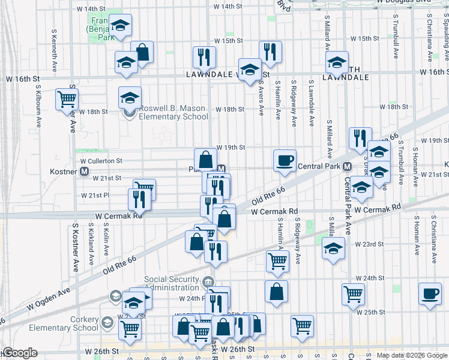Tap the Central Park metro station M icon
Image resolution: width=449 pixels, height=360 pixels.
[347, 166]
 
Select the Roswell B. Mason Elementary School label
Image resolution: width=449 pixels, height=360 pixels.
[172, 113]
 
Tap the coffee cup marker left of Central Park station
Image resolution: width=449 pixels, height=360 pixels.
[285, 160]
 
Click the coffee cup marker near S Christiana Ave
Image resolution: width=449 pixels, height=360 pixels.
[430, 293]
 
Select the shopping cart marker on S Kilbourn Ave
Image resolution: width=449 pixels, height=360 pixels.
[67, 98]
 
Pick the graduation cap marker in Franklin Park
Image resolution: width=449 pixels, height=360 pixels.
[120, 25]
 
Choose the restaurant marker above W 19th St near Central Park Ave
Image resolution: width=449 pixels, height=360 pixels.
[360, 137]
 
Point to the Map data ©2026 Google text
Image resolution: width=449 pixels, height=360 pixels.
[412, 355]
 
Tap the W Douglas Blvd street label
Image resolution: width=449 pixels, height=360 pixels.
[404, 2]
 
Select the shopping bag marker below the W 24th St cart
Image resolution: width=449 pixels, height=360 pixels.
[276, 292]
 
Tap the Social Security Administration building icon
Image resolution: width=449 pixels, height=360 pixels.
[207, 280]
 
